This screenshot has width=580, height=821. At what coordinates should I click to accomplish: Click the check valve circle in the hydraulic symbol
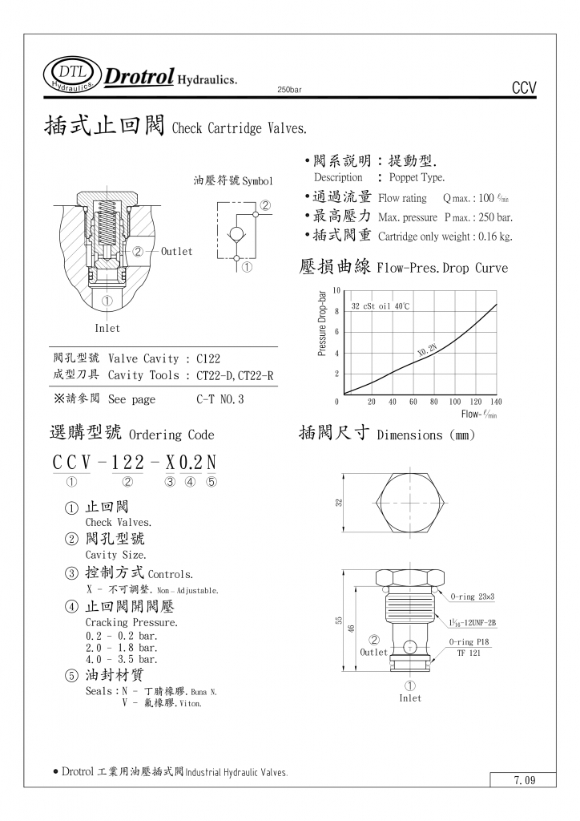[238, 234]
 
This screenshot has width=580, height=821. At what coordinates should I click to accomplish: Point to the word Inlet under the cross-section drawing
[107, 328]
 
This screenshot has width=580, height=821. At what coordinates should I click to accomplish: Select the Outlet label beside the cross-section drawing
[176, 252]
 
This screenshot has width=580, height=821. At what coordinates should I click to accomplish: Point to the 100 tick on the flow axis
[455, 402]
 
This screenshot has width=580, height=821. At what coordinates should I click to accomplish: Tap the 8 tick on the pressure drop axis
[337, 311]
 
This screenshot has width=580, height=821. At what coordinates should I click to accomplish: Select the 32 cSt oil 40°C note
[381, 306]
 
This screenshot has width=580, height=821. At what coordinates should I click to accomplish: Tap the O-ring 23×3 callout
[473, 597]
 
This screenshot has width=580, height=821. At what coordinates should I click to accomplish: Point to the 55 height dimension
[340, 620]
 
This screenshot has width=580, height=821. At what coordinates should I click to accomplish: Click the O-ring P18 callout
[473, 642]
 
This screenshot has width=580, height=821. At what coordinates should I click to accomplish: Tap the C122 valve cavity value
[207, 359]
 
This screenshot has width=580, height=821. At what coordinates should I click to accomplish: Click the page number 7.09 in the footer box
[524, 780]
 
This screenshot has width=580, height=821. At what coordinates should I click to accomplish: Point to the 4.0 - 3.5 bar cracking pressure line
[121, 658]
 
